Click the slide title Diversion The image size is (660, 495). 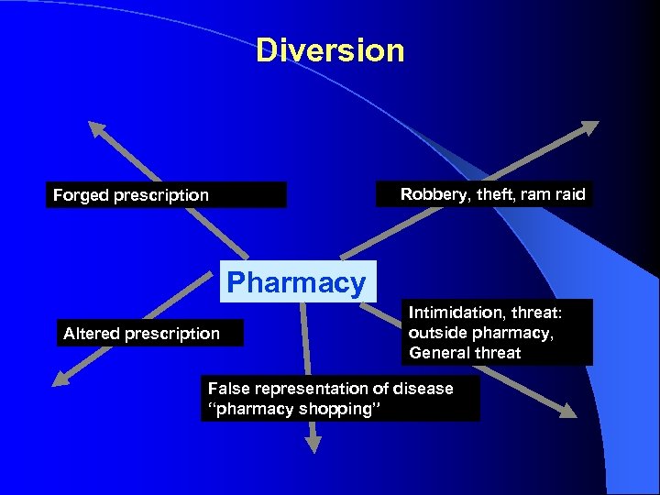click(x=330, y=50)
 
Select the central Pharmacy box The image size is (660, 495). click(x=296, y=282)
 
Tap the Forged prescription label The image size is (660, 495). click(x=131, y=195)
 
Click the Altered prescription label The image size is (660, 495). click(x=141, y=334)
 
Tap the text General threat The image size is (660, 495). click(x=465, y=353)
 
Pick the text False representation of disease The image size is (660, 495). click(x=330, y=389)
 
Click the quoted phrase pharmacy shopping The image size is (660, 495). click(x=291, y=409)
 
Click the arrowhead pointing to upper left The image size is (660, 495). click(x=96, y=131)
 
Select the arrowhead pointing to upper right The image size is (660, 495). click(x=587, y=129)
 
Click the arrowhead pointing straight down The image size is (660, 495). click(x=313, y=444)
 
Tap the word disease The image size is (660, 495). click(x=423, y=389)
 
